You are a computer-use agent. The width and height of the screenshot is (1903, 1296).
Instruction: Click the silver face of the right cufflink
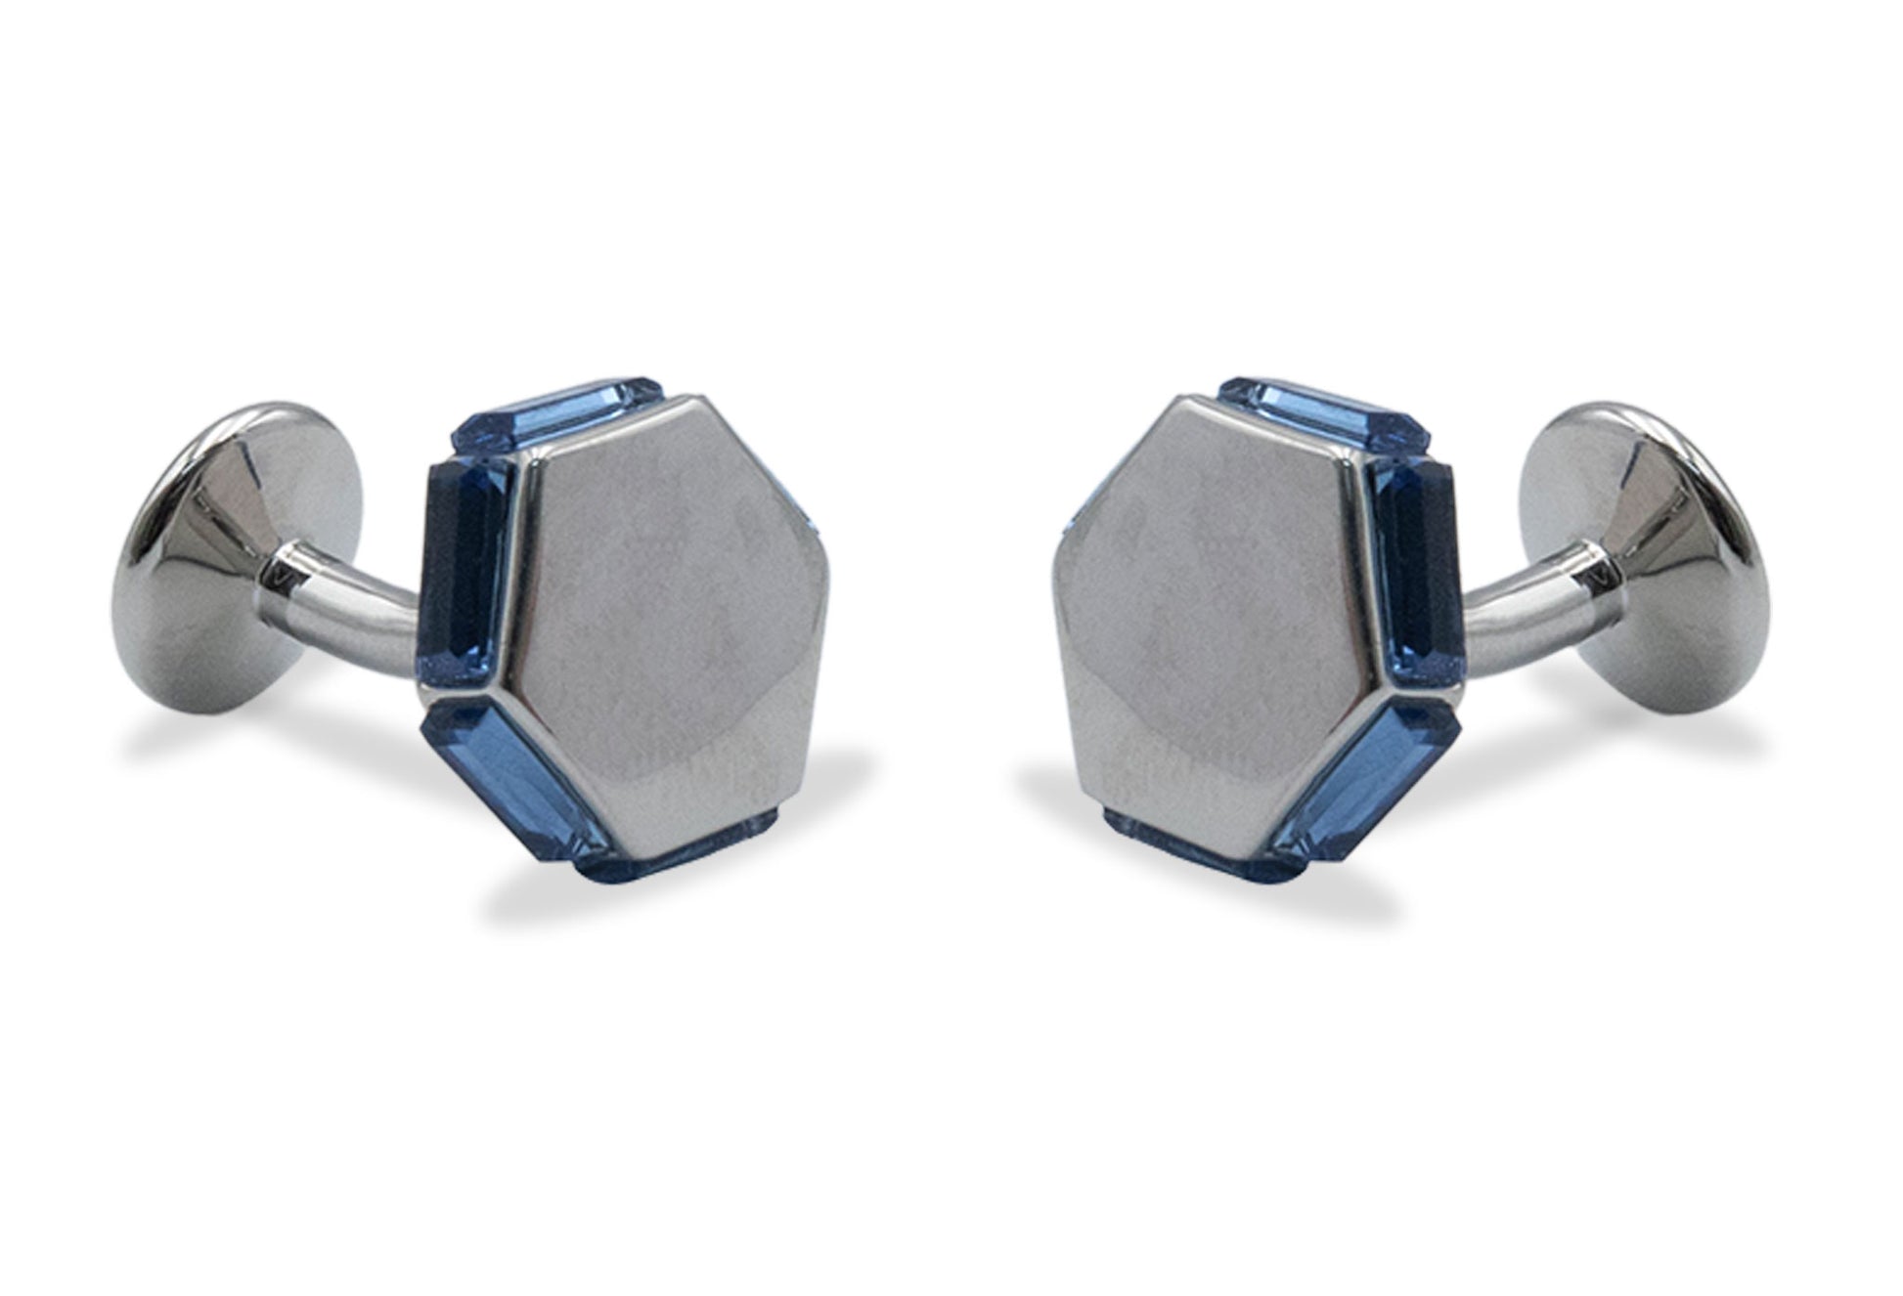pos(1213,626)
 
